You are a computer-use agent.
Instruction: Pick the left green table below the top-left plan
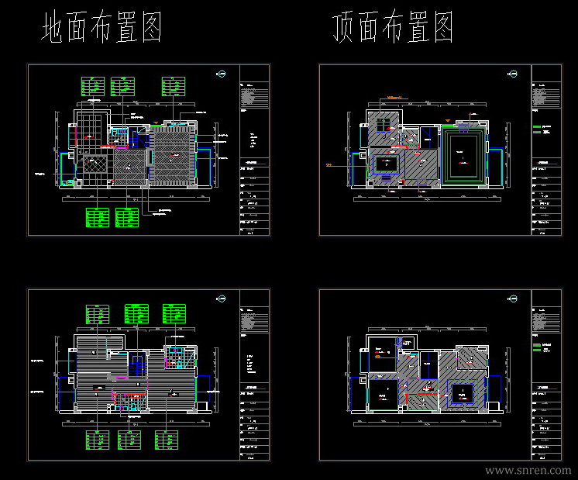click(98, 216)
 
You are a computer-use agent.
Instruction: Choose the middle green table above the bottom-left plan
click(136, 314)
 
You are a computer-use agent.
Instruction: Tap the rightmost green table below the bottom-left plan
click(168, 440)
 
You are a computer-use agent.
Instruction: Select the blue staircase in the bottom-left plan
click(136, 362)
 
